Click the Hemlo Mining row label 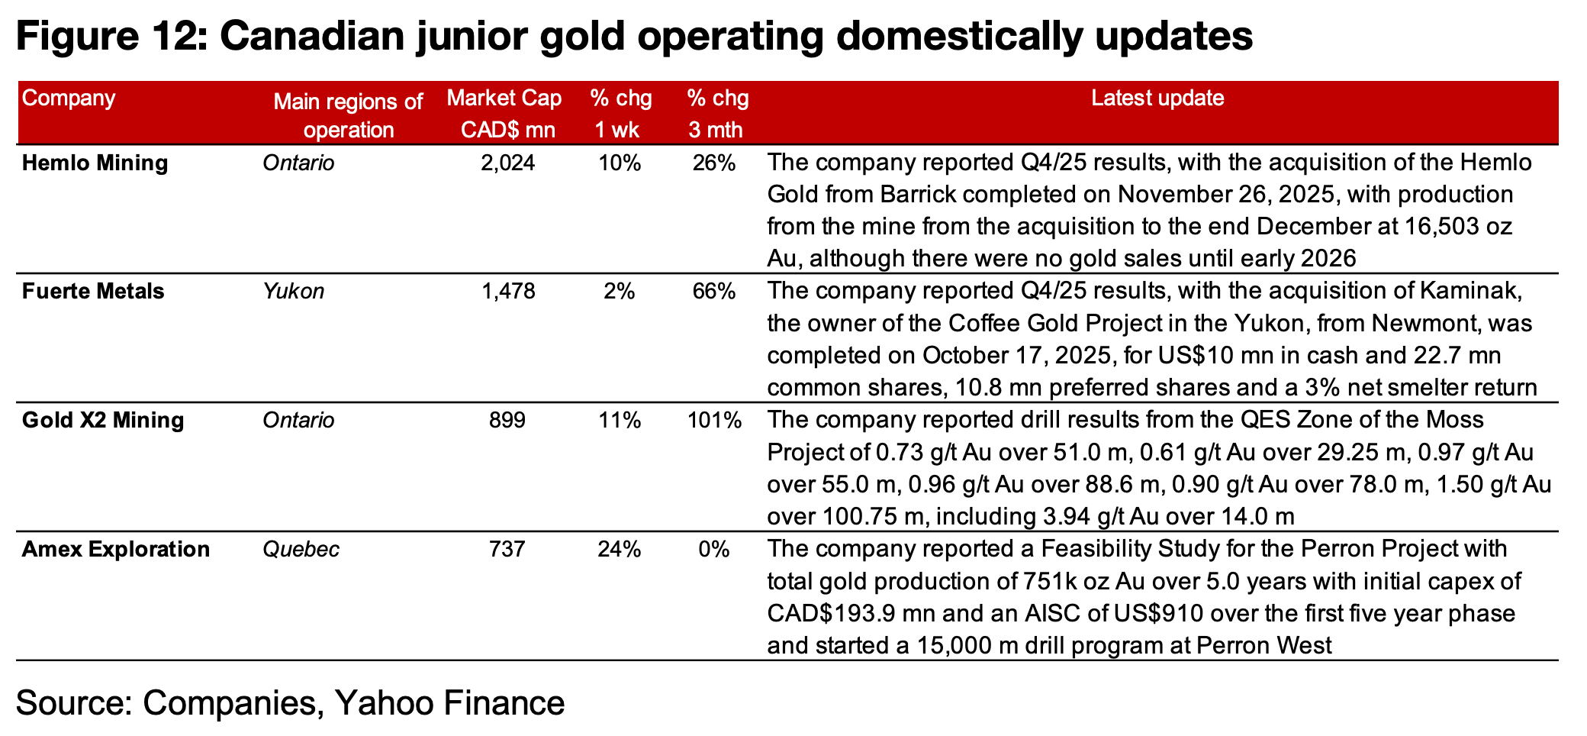tap(95, 163)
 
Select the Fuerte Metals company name tap(93, 292)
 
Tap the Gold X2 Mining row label tap(103, 421)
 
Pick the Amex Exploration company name tap(116, 550)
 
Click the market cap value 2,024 tap(508, 163)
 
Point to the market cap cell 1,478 tap(508, 292)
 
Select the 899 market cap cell tap(507, 421)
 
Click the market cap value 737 tap(507, 550)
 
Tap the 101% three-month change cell tap(714, 421)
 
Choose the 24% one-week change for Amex tap(620, 550)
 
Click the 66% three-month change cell tap(714, 292)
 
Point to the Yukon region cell tap(294, 292)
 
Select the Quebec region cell tap(301, 550)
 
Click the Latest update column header tap(1157, 98)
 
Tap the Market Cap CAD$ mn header tap(505, 114)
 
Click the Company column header tap(69, 98)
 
